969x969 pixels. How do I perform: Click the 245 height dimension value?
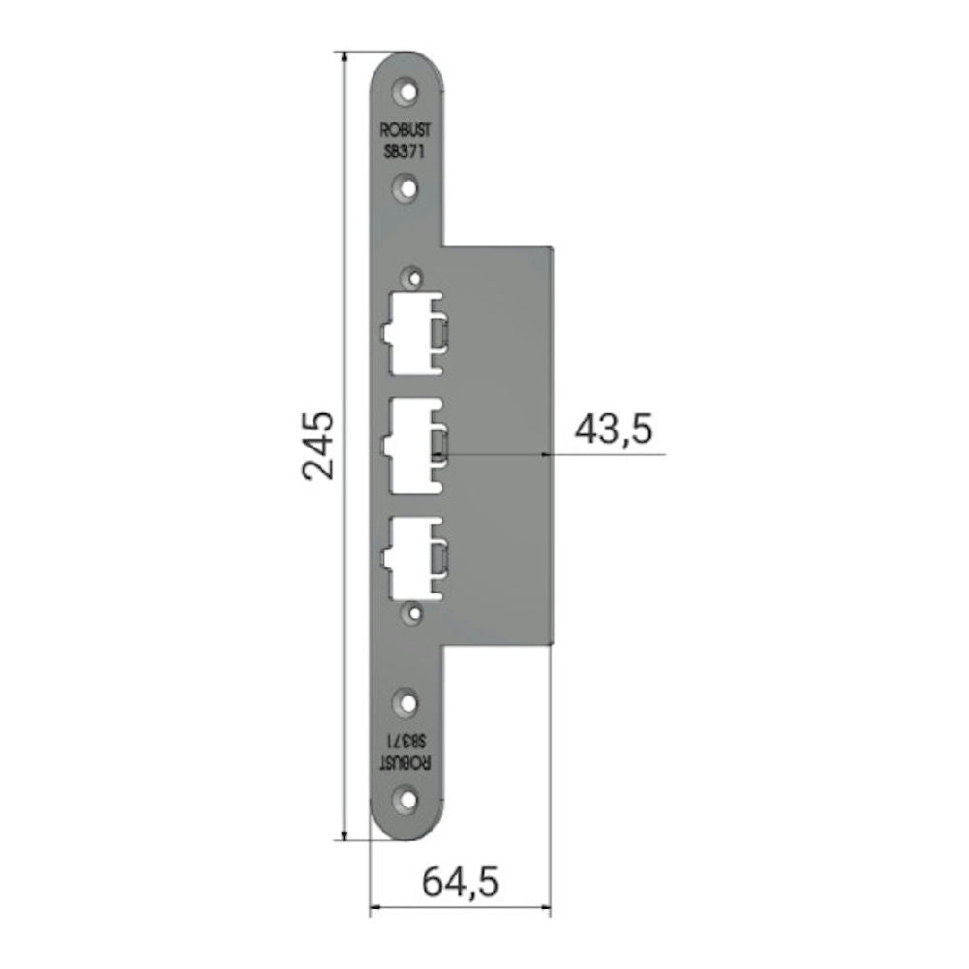(x=318, y=446)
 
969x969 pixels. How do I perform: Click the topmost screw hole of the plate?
(x=408, y=92)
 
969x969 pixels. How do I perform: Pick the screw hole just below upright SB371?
(x=408, y=186)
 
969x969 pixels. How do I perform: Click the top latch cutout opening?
(x=412, y=332)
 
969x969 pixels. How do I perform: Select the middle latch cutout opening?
(x=412, y=445)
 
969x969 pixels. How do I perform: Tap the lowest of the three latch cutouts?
(x=412, y=558)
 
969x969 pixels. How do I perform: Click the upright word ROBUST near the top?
(x=407, y=135)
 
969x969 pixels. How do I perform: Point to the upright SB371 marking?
(x=407, y=151)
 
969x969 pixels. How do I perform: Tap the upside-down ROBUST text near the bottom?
(x=407, y=760)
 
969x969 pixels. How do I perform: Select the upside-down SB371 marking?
(x=407, y=741)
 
